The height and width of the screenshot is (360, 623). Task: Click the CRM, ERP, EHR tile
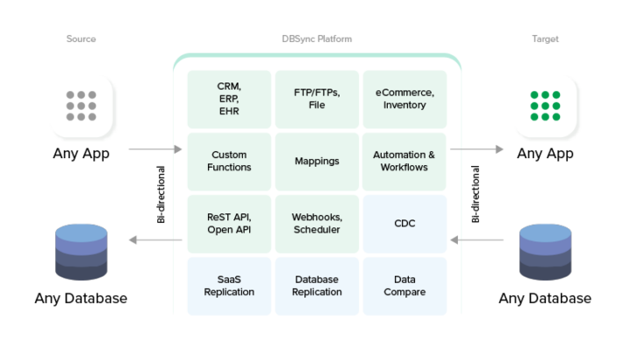pos(229,99)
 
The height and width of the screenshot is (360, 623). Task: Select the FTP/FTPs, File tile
pos(317,99)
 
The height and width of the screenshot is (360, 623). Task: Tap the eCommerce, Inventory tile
pos(405,99)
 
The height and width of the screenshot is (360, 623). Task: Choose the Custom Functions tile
pos(229,162)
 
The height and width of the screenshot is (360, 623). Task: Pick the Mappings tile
pos(317,162)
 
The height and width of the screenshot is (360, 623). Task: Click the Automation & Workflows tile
pos(405,162)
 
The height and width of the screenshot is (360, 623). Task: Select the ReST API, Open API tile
pos(229,224)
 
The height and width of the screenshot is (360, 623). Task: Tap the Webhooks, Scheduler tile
pos(317,224)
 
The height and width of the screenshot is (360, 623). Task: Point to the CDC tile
pos(405,224)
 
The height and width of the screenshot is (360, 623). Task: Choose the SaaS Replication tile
pos(229,286)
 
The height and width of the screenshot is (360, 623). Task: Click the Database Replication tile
pos(317,286)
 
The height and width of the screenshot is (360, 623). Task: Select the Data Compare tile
pos(405,286)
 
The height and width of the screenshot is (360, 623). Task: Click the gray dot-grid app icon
pos(81,106)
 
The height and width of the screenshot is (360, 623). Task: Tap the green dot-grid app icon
pos(545,106)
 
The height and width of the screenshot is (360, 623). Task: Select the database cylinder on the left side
pos(81,251)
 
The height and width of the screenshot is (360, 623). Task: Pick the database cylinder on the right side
pos(545,251)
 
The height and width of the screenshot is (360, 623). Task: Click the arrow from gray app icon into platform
pos(154,149)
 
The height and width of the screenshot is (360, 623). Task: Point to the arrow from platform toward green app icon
pos(477,149)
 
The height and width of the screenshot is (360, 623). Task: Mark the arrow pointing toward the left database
pos(154,240)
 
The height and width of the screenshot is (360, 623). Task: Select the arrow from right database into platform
pos(477,240)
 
